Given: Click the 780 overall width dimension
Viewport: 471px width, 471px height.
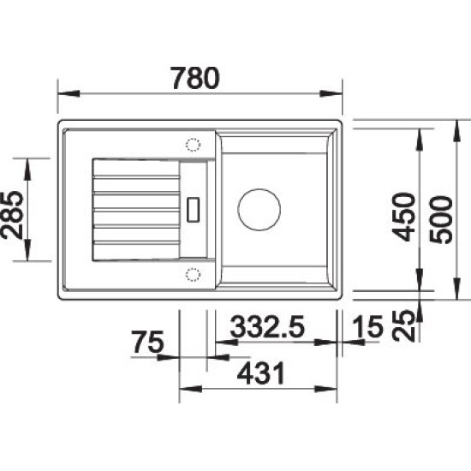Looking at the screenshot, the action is point(195,78).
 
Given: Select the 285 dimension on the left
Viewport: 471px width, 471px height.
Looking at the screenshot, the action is point(12,215).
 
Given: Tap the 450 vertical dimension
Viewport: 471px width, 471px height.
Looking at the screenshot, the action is point(404,217).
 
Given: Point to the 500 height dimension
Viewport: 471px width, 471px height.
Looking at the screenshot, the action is point(441,219).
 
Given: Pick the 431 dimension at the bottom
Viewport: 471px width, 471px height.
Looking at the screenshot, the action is point(260,373).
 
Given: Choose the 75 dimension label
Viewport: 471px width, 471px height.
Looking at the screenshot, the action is point(148,342).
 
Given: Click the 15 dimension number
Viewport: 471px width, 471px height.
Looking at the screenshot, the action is point(368,326).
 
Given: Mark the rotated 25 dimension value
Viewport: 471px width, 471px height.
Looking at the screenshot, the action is point(403,326).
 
